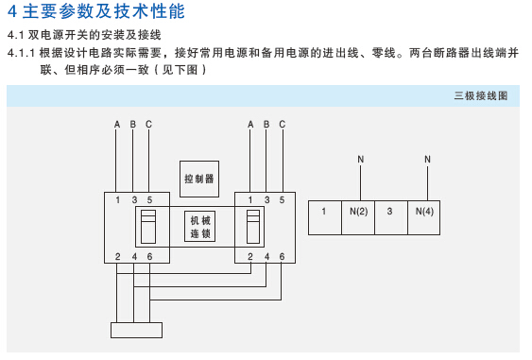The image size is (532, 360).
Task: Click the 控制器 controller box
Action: click(x=199, y=179)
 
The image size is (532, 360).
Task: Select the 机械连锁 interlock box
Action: click(x=199, y=227)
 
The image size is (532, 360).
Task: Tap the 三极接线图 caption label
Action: click(x=481, y=95)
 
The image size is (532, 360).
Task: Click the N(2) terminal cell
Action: click(x=358, y=217)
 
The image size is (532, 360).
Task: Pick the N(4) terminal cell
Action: click(x=424, y=217)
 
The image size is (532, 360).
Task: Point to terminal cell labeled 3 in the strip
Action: click(x=391, y=217)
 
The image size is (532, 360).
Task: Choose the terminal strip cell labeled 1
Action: click(x=325, y=217)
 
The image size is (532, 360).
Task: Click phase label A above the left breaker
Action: click(x=117, y=125)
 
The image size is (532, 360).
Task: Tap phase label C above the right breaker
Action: click(x=283, y=125)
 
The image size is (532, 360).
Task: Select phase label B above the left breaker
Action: click(x=133, y=125)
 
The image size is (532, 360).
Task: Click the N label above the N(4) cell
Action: click(x=427, y=159)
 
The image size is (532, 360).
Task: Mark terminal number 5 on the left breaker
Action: click(x=149, y=200)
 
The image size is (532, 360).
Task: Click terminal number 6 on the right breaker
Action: click(x=282, y=256)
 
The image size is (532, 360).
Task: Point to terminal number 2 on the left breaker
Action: click(x=118, y=256)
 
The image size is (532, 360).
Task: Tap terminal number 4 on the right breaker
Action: click(x=267, y=256)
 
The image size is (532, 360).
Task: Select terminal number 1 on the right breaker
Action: click(x=250, y=200)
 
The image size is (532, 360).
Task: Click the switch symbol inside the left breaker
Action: click(x=148, y=227)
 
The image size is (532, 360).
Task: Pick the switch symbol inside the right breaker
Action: click(x=253, y=227)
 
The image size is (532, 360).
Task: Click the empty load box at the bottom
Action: click(x=136, y=330)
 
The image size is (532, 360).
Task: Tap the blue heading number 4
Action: click(x=12, y=11)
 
